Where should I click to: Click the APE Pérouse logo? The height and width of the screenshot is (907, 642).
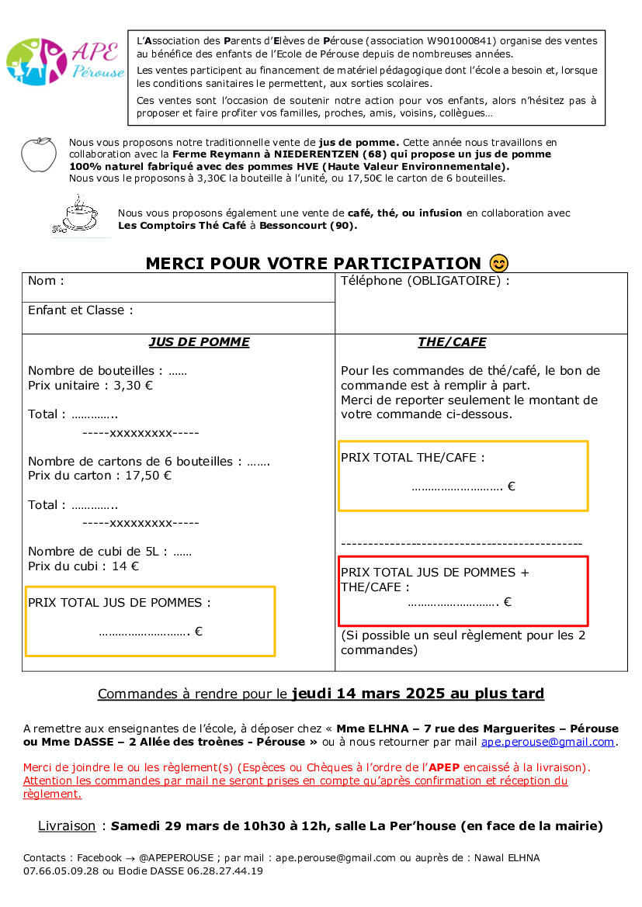[65, 62]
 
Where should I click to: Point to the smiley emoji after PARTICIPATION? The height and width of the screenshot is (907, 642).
[499, 264]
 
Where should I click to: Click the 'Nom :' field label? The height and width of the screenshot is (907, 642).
[46, 281]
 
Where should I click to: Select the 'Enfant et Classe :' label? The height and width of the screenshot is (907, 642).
[81, 310]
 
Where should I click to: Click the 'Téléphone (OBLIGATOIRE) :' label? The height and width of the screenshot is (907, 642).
[425, 281]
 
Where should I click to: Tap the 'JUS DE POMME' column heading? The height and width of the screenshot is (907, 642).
[199, 342]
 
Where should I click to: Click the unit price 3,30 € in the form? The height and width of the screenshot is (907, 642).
[134, 385]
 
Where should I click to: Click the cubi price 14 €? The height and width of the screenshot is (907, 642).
[125, 566]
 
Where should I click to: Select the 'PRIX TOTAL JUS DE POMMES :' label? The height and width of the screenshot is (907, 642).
[119, 603]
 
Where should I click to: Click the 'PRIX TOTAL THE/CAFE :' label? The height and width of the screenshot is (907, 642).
[412, 458]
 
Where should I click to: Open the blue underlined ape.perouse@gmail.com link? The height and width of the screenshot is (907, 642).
[548, 742]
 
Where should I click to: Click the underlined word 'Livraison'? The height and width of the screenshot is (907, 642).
[67, 826]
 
